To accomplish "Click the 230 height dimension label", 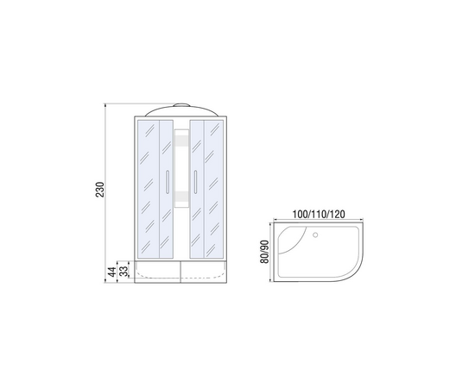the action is [x=100, y=190].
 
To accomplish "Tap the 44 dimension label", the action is [x=112, y=272].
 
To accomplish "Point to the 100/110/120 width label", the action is [x=319, y=214].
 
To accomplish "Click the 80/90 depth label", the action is [x=264, y=252].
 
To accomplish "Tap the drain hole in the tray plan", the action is [x=315, y=235].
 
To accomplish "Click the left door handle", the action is [x=167, y=181].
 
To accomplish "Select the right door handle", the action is [x=196, y=181].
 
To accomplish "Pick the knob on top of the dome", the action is [x=181, y=105].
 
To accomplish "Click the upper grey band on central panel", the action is [x=181, y=140].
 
